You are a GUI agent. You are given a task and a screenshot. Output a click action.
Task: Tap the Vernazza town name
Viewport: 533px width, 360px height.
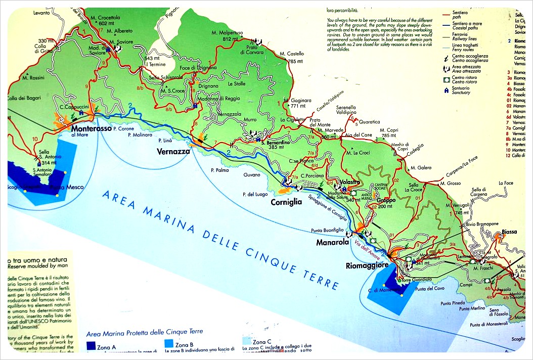tap(173, 152)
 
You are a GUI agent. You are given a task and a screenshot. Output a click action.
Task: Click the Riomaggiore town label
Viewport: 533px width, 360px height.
tap(367, 265)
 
